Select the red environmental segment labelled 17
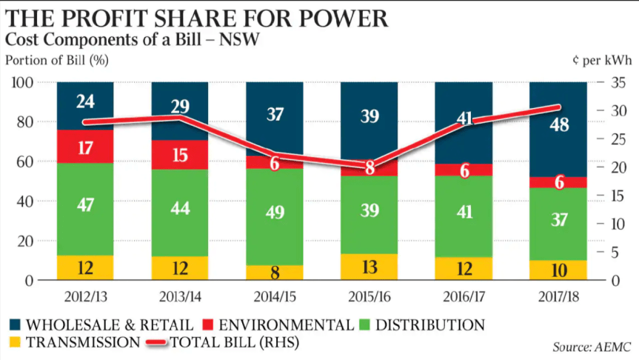85,147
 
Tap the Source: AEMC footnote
589,347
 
